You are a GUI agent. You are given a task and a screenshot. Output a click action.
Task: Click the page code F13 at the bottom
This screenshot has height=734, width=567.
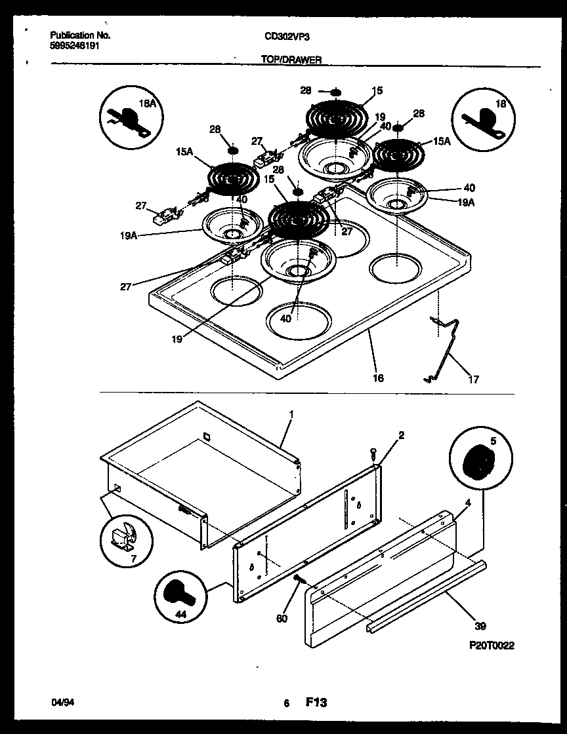(x=316, y=703)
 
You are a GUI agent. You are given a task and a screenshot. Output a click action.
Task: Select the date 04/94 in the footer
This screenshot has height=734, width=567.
(x=60, y=703)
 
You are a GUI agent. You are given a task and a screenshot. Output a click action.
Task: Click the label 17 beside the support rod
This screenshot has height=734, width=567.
(x=473, y=379)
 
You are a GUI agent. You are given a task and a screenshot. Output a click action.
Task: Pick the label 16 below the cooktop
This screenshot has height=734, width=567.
(x=378, y=378)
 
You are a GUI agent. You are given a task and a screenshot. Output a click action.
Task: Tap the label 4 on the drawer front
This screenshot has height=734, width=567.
(x=467, y=503)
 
